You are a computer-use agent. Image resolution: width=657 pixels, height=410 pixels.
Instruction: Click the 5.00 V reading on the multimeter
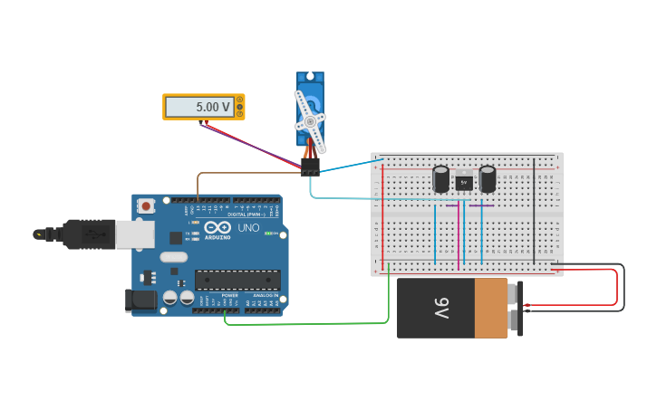coord(200,107)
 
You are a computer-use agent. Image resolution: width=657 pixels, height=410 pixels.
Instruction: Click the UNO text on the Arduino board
coord(248,228)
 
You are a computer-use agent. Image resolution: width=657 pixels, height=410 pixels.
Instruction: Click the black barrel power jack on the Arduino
coord(140,300)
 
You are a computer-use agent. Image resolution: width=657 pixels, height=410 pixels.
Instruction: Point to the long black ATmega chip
coord(237,280)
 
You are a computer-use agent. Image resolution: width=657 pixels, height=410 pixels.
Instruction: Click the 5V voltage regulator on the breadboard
coord(464,182)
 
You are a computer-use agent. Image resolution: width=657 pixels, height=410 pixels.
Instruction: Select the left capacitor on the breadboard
coord(441,178)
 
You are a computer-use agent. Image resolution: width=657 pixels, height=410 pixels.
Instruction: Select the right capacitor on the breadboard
coord(488,178)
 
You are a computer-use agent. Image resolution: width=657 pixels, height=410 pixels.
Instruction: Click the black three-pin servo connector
coord(311,167)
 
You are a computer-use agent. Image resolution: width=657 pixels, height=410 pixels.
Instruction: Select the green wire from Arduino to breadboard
coord(308,322)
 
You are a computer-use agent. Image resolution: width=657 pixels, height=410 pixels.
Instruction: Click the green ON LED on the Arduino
coord(269,233)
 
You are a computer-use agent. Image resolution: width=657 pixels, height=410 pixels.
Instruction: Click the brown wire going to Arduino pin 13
coord(245,173)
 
